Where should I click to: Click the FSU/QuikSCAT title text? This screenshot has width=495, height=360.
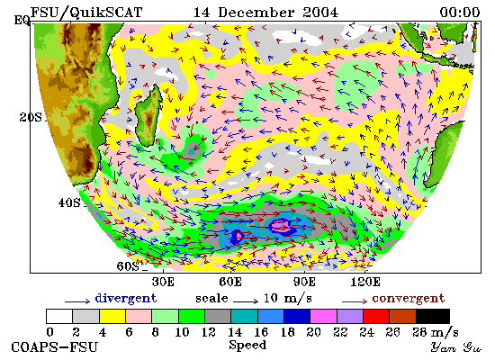click(x=86, y=13)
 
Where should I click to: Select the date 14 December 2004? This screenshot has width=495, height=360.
click(x=265, y=13)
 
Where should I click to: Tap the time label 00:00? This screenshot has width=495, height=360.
click(x=460, y=13)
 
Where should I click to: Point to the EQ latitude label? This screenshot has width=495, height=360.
click(x=22, y=21)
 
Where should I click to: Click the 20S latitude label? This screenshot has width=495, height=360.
click(x=31, y=118)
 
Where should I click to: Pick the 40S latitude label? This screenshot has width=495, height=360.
click(x=69, y=202)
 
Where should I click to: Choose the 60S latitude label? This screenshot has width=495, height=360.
click(x=128, y=266)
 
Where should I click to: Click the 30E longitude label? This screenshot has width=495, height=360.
click(x=163, y=282)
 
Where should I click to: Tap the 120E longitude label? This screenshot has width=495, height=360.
click(x=365, y=282)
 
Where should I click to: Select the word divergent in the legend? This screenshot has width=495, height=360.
click(x=126, y=299)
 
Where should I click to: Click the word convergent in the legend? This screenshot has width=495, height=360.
click(x=409, y=299)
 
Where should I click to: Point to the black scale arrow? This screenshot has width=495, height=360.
click(x=246, y=301)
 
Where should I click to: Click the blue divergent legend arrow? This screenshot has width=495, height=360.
click(x=77, y=301)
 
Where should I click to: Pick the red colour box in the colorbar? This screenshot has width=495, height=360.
click(x=376, y=317)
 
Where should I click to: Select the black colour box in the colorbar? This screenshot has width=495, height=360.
click(x=433, y=317)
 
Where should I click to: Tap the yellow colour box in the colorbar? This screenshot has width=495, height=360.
click(x=112, y=317)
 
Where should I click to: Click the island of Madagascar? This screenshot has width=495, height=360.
click(x=148, y=115)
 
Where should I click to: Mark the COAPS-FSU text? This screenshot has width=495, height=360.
click(x=54, y=347)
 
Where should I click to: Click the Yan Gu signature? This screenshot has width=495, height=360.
click(x=456, y=347)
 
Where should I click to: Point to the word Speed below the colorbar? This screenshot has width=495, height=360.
click(x=247, y=345)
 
